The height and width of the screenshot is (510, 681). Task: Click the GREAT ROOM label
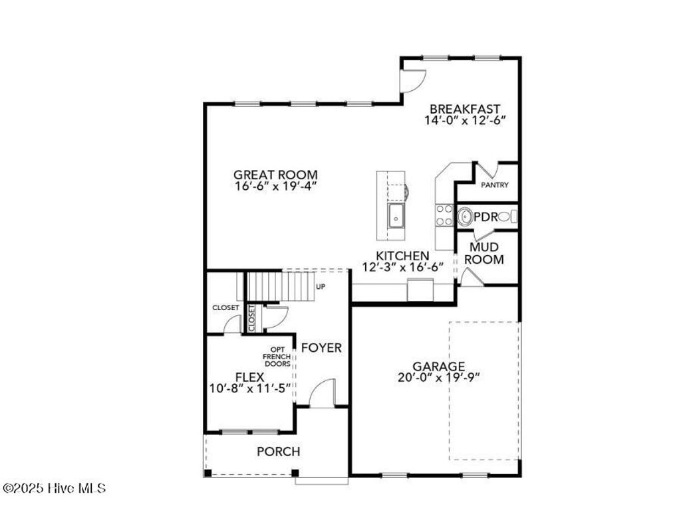coord(275,175)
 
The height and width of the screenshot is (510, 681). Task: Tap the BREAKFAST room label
coord(464,109)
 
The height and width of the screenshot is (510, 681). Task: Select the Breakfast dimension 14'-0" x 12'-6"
coord(465,120)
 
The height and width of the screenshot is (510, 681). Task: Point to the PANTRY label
coord(495,185)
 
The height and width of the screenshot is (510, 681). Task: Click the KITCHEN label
coord(402,256)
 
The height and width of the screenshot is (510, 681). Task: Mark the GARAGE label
coord(438,366)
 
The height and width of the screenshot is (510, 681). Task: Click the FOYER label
coord(321,347)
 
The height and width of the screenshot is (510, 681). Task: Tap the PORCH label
coord(279,452)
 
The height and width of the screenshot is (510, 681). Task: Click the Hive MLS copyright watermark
coord(54,488)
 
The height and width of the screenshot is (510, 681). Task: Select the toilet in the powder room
coord(505,216)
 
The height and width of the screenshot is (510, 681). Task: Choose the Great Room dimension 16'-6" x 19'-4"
coord(275,187)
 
